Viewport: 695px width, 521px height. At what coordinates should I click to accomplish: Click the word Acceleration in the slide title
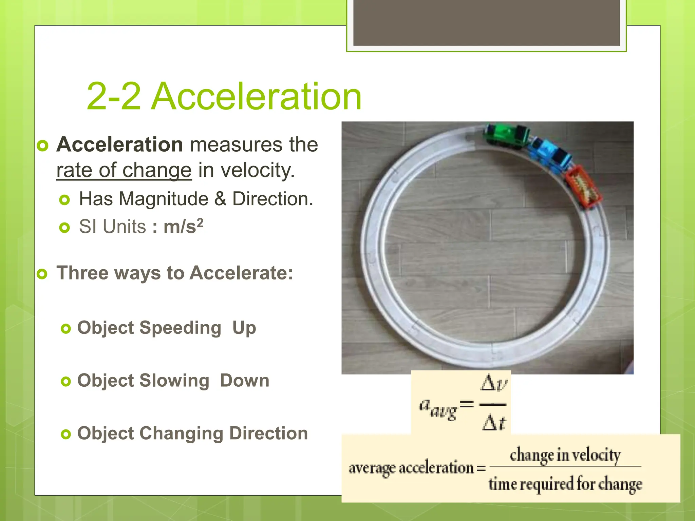(257, 97)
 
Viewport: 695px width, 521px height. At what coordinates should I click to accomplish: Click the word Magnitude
(163, 199)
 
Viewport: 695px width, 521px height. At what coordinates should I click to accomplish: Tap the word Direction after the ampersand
(272, 199)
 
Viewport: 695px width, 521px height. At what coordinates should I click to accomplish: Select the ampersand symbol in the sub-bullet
(220, 199)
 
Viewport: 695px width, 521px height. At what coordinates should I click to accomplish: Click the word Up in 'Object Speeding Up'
(244, 328)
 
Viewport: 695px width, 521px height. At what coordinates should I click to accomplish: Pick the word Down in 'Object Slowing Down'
(244, 381)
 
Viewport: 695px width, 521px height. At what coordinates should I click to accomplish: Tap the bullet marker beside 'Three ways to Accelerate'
(42, 274)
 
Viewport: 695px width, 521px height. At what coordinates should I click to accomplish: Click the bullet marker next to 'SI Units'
(64, 227)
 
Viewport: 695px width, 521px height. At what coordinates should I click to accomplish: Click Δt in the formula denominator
(494, 423)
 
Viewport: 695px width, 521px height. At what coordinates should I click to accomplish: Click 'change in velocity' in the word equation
(565, 455)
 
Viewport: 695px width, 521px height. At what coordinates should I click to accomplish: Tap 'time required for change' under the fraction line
(565, 484)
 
